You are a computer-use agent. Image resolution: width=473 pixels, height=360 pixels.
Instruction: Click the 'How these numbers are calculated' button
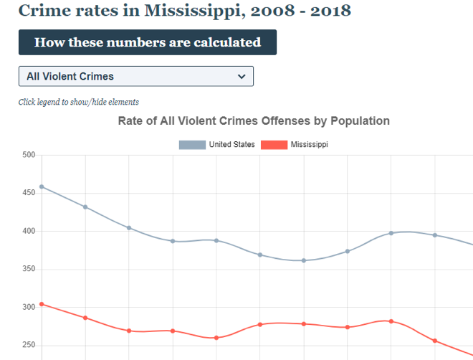[147, 42]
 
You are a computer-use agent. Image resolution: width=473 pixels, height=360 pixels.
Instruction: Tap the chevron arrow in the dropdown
[242, 76]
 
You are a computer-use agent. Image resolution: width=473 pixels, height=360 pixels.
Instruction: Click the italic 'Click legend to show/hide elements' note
[78, 102]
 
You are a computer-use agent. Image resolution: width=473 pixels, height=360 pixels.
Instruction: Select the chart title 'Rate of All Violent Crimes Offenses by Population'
[254, 121]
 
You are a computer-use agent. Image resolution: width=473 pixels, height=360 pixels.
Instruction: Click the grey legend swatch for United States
[191, 145]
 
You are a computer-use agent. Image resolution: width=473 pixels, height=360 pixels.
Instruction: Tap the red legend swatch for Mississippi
[274, 145]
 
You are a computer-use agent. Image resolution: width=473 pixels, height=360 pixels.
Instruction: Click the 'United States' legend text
[231, 145]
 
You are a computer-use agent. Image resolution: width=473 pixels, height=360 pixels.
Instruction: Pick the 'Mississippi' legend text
[309, 145]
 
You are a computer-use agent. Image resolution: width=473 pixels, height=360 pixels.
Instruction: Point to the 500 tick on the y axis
[28, 155]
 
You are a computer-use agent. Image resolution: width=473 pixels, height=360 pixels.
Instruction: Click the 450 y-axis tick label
[28, 193]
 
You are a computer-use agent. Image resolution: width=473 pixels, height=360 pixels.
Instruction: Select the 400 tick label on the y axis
[28, 231]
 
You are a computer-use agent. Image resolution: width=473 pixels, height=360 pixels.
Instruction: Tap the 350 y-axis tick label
[28, 269]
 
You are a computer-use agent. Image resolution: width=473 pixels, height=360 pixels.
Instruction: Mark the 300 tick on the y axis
[28, 307]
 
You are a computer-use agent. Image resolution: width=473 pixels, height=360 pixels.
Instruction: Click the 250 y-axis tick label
[28, 345]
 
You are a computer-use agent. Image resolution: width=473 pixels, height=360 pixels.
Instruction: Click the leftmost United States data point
[42, 186]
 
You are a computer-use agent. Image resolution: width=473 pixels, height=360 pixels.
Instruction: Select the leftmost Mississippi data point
[42, 304]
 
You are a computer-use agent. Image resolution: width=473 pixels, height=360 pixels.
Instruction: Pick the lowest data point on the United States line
[304, 260]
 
